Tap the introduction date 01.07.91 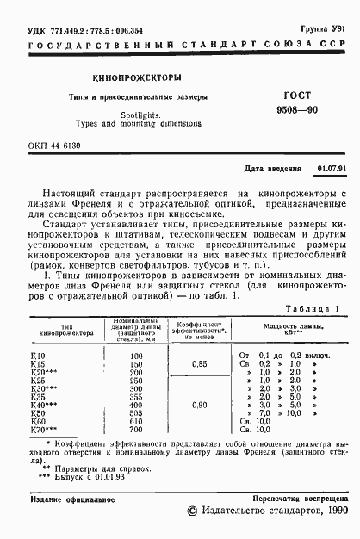pyautogui.click(x=331, y=170)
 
